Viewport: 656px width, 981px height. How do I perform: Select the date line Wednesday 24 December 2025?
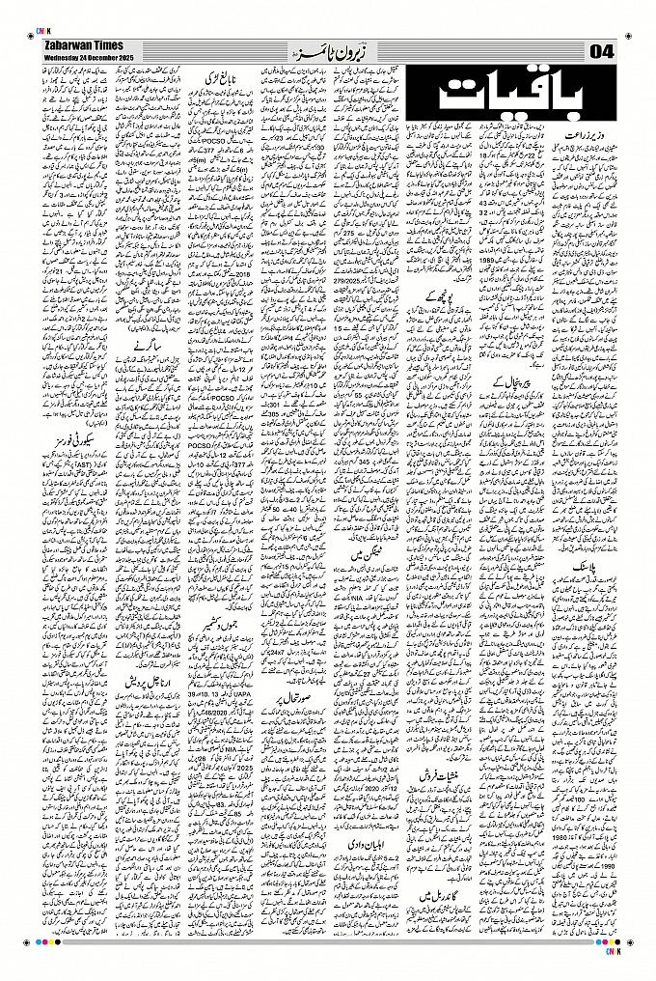point(81,59)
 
